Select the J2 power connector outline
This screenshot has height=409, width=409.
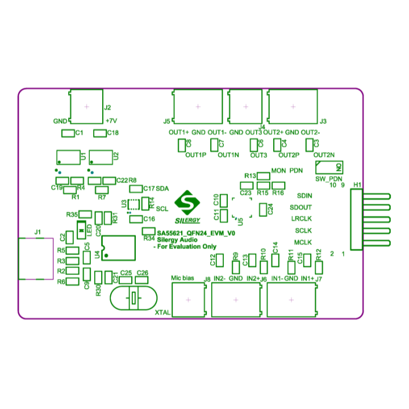point(86,107)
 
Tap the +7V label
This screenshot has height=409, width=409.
point(111,121)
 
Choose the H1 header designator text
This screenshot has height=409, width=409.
point(357,185)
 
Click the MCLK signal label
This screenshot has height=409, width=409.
point(303,243)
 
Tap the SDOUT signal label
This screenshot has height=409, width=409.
point(301,207)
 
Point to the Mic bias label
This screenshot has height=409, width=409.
point(183,278)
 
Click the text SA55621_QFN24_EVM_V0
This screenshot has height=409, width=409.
point(196,233)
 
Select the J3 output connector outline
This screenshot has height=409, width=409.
point(293,106)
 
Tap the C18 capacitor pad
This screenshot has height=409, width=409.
point(100,133)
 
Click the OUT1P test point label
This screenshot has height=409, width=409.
point(195,155)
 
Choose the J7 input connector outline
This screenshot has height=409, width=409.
point(291,300)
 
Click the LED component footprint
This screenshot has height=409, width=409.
point(81,229)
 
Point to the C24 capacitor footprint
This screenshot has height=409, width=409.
point(262,209)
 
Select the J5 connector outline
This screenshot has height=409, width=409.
point(198,106)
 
